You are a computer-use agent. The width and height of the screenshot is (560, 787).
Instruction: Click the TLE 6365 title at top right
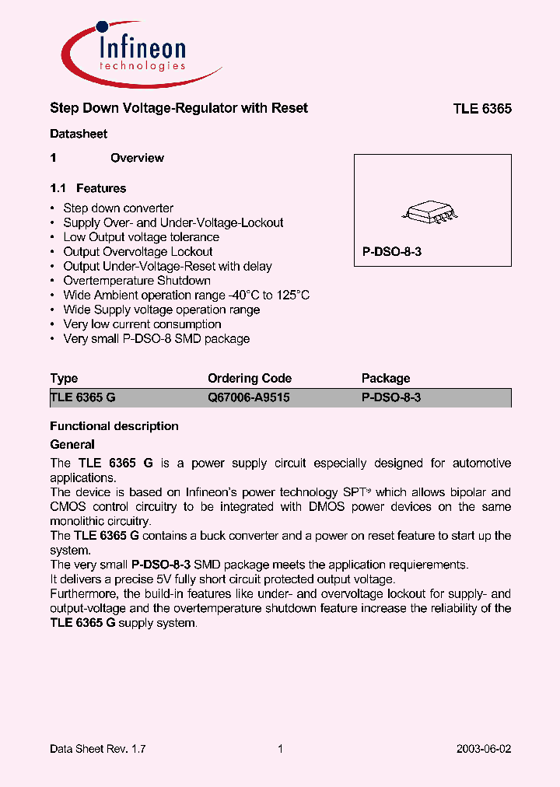(x=482, y=109)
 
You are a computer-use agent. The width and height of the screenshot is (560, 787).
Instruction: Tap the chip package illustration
(x=432, y=211)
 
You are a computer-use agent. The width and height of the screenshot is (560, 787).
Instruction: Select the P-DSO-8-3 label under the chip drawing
(x=391, y=253)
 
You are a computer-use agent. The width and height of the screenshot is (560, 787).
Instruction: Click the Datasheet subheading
(x=79, y=134)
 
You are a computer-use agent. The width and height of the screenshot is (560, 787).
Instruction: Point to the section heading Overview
(x=137, y=158)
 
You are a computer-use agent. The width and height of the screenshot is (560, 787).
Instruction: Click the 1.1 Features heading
(x=88, y=188)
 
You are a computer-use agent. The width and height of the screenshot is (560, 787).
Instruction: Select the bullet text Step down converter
(x=118, y=208)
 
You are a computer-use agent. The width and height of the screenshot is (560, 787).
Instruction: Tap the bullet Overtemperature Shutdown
(x=137, y=281)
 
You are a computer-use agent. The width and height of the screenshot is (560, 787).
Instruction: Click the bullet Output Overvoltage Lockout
(x=138, y=252)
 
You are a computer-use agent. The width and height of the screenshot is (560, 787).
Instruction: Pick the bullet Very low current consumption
(x=142, y=324)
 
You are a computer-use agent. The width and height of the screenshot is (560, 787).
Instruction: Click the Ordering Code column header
(x=250, y=379)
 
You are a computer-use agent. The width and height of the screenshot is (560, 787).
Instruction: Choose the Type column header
(x=64, y=379)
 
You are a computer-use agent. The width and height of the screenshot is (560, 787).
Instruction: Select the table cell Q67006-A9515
(x=249, y=397)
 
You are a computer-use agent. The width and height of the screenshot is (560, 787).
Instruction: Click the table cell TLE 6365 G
(x=82, y=397)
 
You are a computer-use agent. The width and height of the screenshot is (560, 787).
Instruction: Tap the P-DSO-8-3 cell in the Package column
(x=391, y=397)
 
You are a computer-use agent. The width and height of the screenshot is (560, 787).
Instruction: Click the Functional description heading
(x=114, y=426)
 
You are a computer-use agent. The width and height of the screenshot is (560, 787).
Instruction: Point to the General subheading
(x=72, y=445)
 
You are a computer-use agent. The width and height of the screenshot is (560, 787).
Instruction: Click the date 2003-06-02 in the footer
(x=483, y=749)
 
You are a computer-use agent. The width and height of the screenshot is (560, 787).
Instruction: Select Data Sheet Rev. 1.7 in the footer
(x=98, y=749)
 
